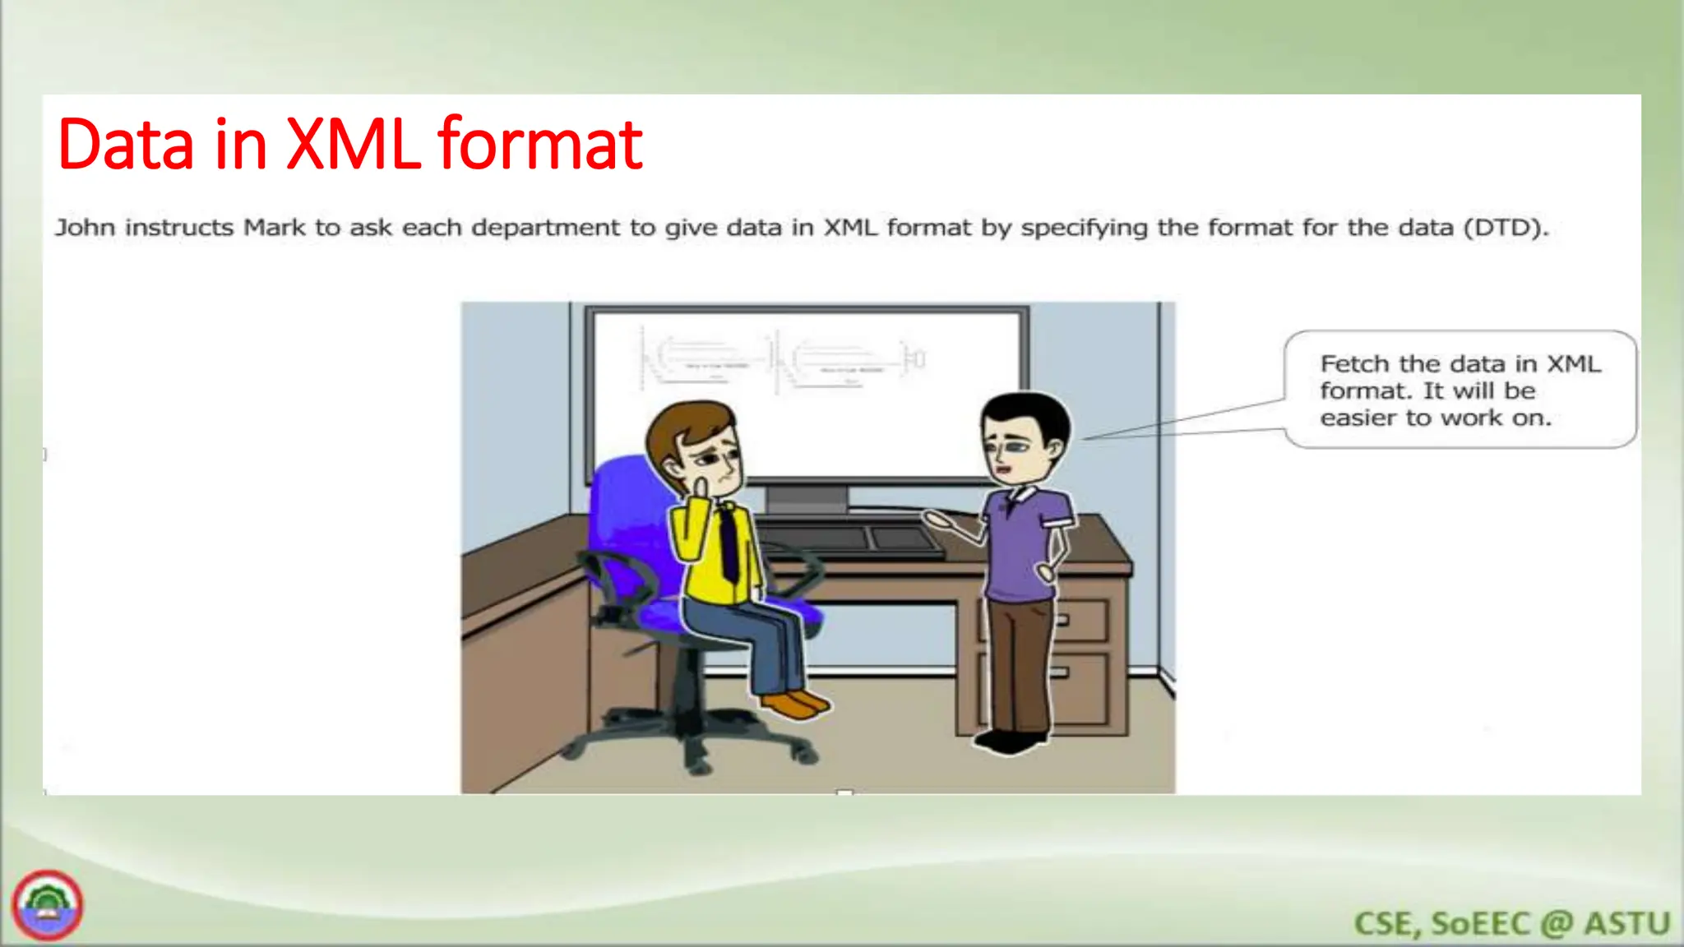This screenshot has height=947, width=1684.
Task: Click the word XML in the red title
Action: pyautogui.click(x=354, y=145)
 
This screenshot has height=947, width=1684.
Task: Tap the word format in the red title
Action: pyautogui.click(x=539, y=145)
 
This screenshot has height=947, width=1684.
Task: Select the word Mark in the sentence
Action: pyautogui.click(x=275, y=228)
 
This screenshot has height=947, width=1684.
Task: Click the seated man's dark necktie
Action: pyautogui.click(x=729, y=543)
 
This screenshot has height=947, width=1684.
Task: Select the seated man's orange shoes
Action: pyautogui.click(x=793, y=704)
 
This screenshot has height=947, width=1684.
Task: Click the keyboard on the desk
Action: pyautogui.click(x=851, y=541)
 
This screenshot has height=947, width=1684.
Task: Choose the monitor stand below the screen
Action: pyautogui.click(x=807, y=499)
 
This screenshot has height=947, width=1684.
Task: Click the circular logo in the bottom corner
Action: pyautogui.click(x=48, y=905)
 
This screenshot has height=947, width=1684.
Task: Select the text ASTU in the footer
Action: pyautogui.click(x=1627, y=924)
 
